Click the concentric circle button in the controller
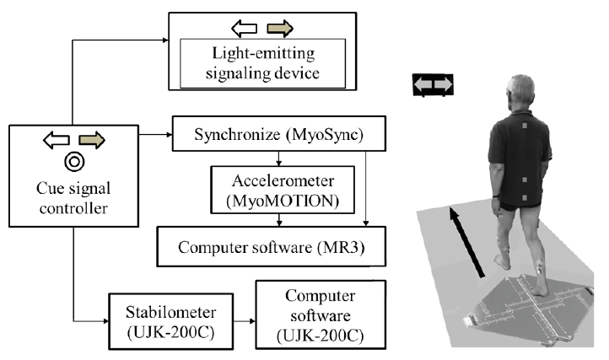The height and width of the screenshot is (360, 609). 75,160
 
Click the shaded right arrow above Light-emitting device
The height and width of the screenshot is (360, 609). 278,30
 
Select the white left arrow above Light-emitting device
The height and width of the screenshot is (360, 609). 245,30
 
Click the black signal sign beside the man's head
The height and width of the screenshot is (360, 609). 433,83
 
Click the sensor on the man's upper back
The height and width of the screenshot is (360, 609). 523,128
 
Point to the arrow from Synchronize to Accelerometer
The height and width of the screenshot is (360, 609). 279,158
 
